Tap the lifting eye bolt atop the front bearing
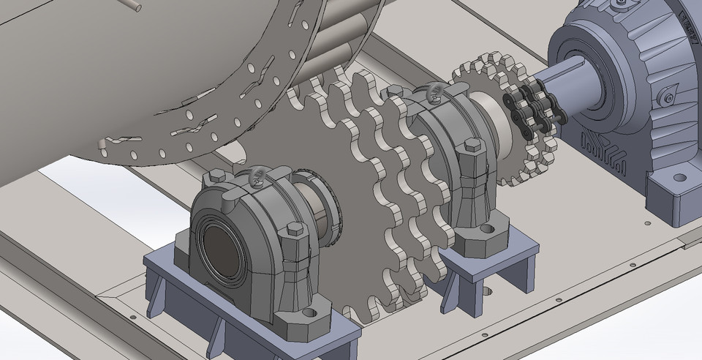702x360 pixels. (x=257, y=176)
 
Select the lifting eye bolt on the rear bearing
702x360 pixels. (x=432, y=91)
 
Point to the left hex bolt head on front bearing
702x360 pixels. (x=215, y=176)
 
